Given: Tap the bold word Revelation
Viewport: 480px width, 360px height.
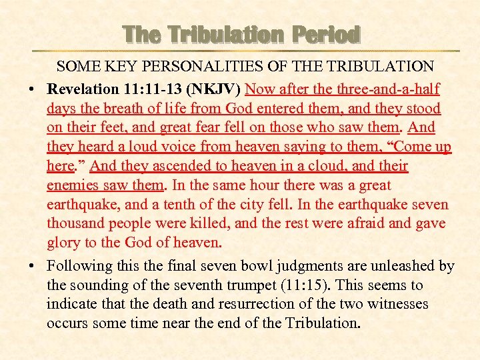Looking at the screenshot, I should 82,89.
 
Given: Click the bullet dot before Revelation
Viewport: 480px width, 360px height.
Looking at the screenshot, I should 31,89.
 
